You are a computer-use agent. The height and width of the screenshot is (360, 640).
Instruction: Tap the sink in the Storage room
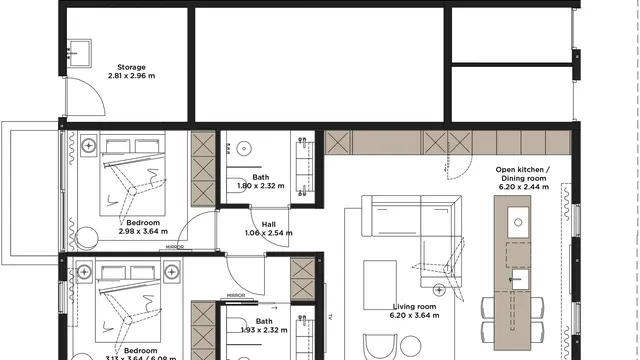(75, 47)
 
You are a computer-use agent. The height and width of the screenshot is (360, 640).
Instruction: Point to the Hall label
(268, 225)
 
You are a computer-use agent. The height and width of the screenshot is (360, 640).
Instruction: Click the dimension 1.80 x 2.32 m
(261, 186)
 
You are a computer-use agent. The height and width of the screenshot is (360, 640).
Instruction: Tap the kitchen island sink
(518, 222)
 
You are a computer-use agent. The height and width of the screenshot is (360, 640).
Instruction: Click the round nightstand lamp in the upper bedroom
(89, 146)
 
